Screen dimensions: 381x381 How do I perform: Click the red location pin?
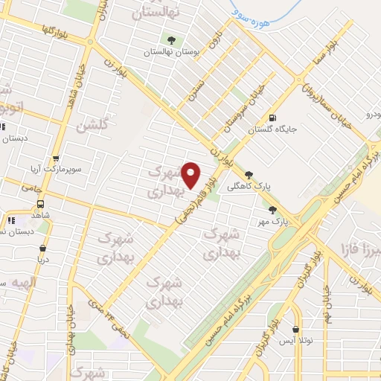pyautogui.click(x=191, y=173)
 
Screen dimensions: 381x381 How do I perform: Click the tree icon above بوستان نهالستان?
pyautogui.click(x=173, y=39)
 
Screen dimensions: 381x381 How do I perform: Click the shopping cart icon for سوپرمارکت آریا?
pyautogui.click(x=57, y=158)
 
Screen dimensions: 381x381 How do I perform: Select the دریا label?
pyautogui.click(x=43, y=260)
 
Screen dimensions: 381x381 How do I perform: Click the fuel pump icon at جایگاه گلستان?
pyautogui.click(x=272, y=118)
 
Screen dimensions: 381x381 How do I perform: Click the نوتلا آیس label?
pyautogui.click(x=298, y=340)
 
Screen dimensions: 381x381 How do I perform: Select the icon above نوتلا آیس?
pyautogui.click(x=297, y=328)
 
